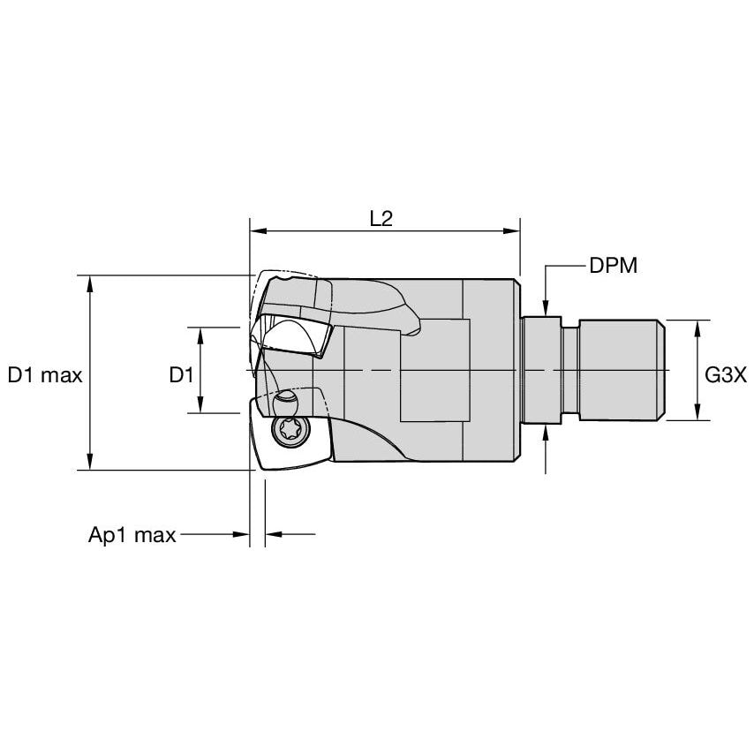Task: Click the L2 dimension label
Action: point(381,219)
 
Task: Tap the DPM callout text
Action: point(613,265)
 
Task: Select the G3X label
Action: point(726,375)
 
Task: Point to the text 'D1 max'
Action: point(45,375)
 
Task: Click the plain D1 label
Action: point(181,375)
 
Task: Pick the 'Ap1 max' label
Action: point(132,535)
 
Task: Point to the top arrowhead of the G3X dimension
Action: point(697,327)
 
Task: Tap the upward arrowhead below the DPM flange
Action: point(547,432)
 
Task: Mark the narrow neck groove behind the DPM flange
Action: point(570,370)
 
